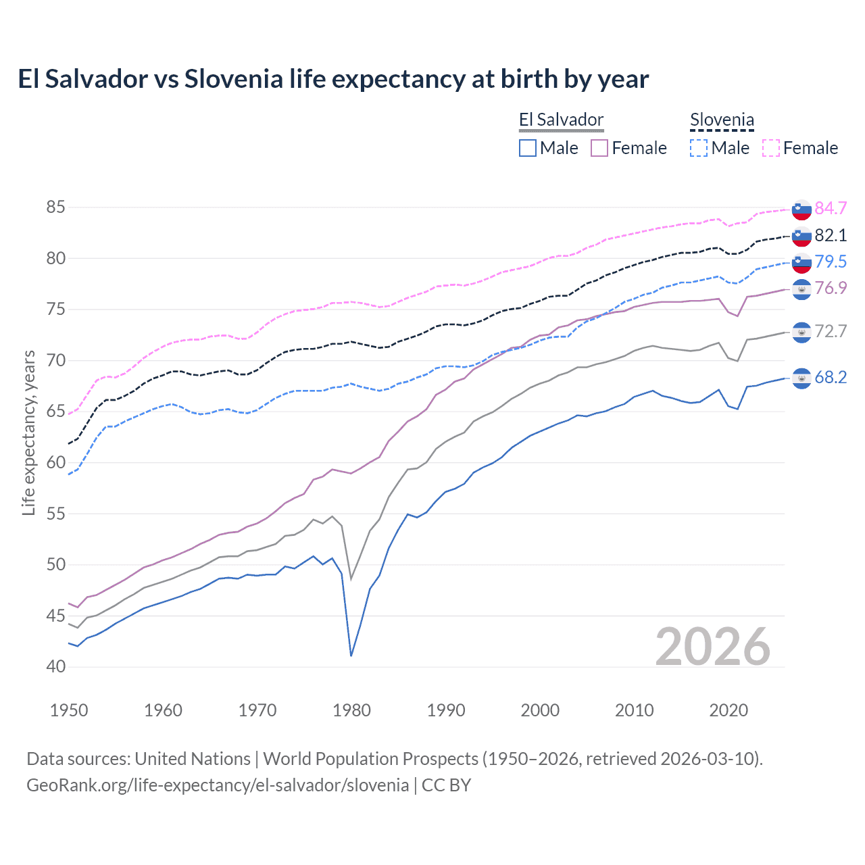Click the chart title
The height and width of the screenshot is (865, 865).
pyautogui.click(x=333, y=79)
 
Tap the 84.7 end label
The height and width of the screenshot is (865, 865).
pyautogui.click(x=831, y=208)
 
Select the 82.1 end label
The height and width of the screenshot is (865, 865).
pyautogui.click(x=831, y=235)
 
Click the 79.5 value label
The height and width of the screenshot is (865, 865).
pyautogui.click(x=831, y=262)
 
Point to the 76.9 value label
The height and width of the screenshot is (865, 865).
pyautogui.click(x=831, y=288)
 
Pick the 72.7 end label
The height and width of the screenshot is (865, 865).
pyautogui.click(x=831, y=331)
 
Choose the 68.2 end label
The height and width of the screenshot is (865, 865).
pyautogui.click(x=831, y=377)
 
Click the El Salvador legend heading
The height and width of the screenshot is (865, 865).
pyautogui.click(x=561, y=120)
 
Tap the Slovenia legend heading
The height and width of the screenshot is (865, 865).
pyautogui.click(x=722, y=120)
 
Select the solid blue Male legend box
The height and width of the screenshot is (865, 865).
pyautogui.click(x=528, y=148)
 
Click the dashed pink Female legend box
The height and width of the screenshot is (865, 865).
pyautogui.click(x=771, y=148)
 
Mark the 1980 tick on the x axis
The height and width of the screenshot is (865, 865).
pyautogui.click(x=351, y=710)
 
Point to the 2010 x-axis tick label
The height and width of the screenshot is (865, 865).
pyautogui.click(x=634, y=710)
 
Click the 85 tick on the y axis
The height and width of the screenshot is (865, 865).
pyautogui.click(x=56, y=207)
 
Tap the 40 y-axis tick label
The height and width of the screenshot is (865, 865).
pyautogui.click(x=56, y=666)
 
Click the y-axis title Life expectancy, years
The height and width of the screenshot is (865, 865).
pyautogui.click(x=28, y=432)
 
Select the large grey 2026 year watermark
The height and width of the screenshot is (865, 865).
pyautogui.click(x=712, y=647)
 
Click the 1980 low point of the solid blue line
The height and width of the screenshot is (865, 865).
pyautogui.click(x=351, y=656)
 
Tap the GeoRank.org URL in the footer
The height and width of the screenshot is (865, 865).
pyautogui.click(x=218, y=785)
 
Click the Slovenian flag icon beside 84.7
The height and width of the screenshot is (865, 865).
pyautogui.click(x=801, y=209)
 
